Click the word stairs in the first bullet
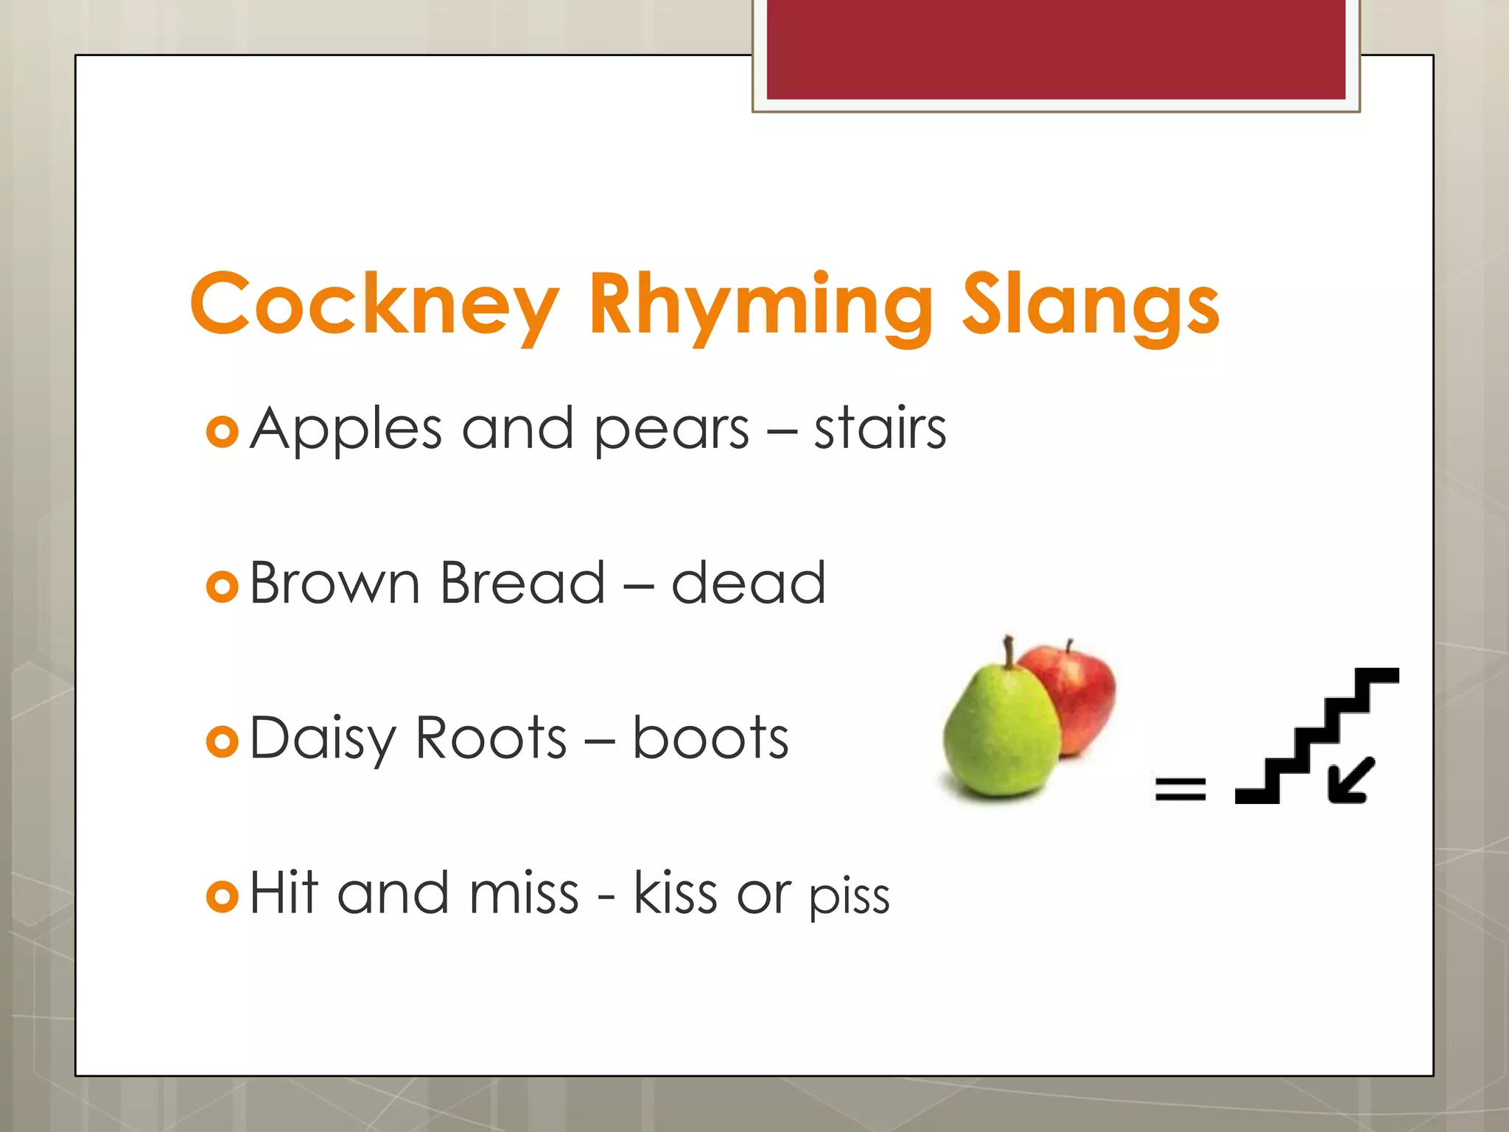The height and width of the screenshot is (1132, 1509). point(880,429)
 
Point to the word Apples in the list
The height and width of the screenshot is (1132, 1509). point(346,429)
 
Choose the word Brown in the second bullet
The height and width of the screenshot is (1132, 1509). point(335,583)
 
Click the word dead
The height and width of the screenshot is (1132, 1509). point(748,583)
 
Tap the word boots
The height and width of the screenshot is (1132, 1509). point(710,738)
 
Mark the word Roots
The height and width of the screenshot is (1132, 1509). point(491,738)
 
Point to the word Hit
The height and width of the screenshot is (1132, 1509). point(284,892)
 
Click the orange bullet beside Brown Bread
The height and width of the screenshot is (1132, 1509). point(222,587)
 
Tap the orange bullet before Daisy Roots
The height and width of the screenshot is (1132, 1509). point(222,741)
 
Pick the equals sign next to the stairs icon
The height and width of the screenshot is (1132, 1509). point(1180,789)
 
